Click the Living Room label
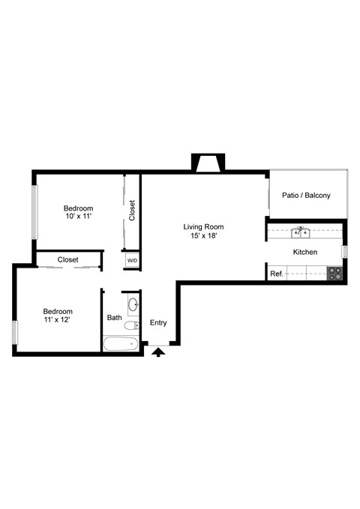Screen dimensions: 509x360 pyautogui.click(x=204, y=226)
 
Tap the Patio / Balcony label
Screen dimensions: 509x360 pyautogui.click(x=305, y=195)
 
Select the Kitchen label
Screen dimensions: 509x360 pyautogui.click(x=304, y=253)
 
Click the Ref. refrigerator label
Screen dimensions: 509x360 pyautogui.click(x=276, y=274)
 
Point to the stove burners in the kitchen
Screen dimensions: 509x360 pyautogui.click(x=334, y=274)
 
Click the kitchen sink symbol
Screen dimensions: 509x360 pyautogui.click(x=301, y=232)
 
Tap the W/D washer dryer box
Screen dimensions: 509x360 pyautogui.click(x=132, y=261)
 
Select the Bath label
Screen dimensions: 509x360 pyautogui.click(x=114, y=318)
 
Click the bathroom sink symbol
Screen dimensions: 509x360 pyautogui.click(x=133, y=305)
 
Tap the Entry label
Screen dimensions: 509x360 pyautogui.click(x=158, y=323)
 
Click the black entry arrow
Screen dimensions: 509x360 pyautogui.click(x=158, y=352)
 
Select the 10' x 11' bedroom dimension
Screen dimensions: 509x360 pyautogui.click(x=78, y=217)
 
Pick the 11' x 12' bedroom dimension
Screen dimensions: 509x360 pyautogui.click(x=58, y=320)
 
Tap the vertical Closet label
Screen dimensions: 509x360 pyautogui.click(x=132, y=210)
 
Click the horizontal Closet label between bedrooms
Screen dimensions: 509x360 pyautogui.click(x=68, y=259)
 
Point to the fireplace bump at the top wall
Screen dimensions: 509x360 pyautogui.click(x=207, y=163)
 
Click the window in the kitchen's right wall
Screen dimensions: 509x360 pyautogui.click(x=344, y=252)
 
